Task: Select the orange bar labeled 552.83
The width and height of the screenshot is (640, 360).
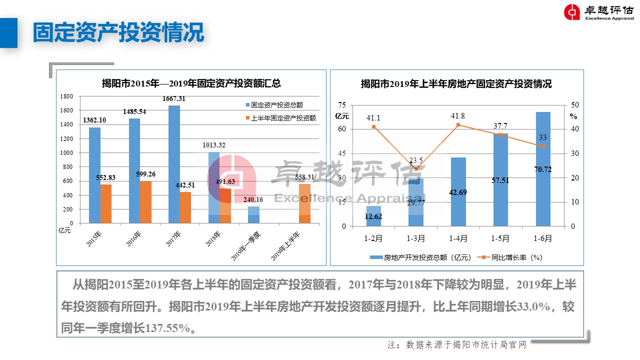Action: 106,203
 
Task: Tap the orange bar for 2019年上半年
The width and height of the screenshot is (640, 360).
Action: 304,203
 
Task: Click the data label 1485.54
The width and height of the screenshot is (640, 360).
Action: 134,111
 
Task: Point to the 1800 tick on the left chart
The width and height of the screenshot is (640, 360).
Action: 66,96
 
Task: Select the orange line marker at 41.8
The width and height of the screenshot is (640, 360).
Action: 458,125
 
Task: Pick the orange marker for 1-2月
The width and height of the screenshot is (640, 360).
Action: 373,126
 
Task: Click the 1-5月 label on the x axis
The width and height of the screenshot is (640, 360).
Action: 500,238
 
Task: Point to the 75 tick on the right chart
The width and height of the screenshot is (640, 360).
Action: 342,105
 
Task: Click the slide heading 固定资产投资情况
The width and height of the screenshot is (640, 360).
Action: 118,32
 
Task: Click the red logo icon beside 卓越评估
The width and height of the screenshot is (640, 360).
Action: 572,12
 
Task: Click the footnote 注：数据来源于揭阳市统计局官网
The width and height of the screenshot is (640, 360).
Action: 457,345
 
